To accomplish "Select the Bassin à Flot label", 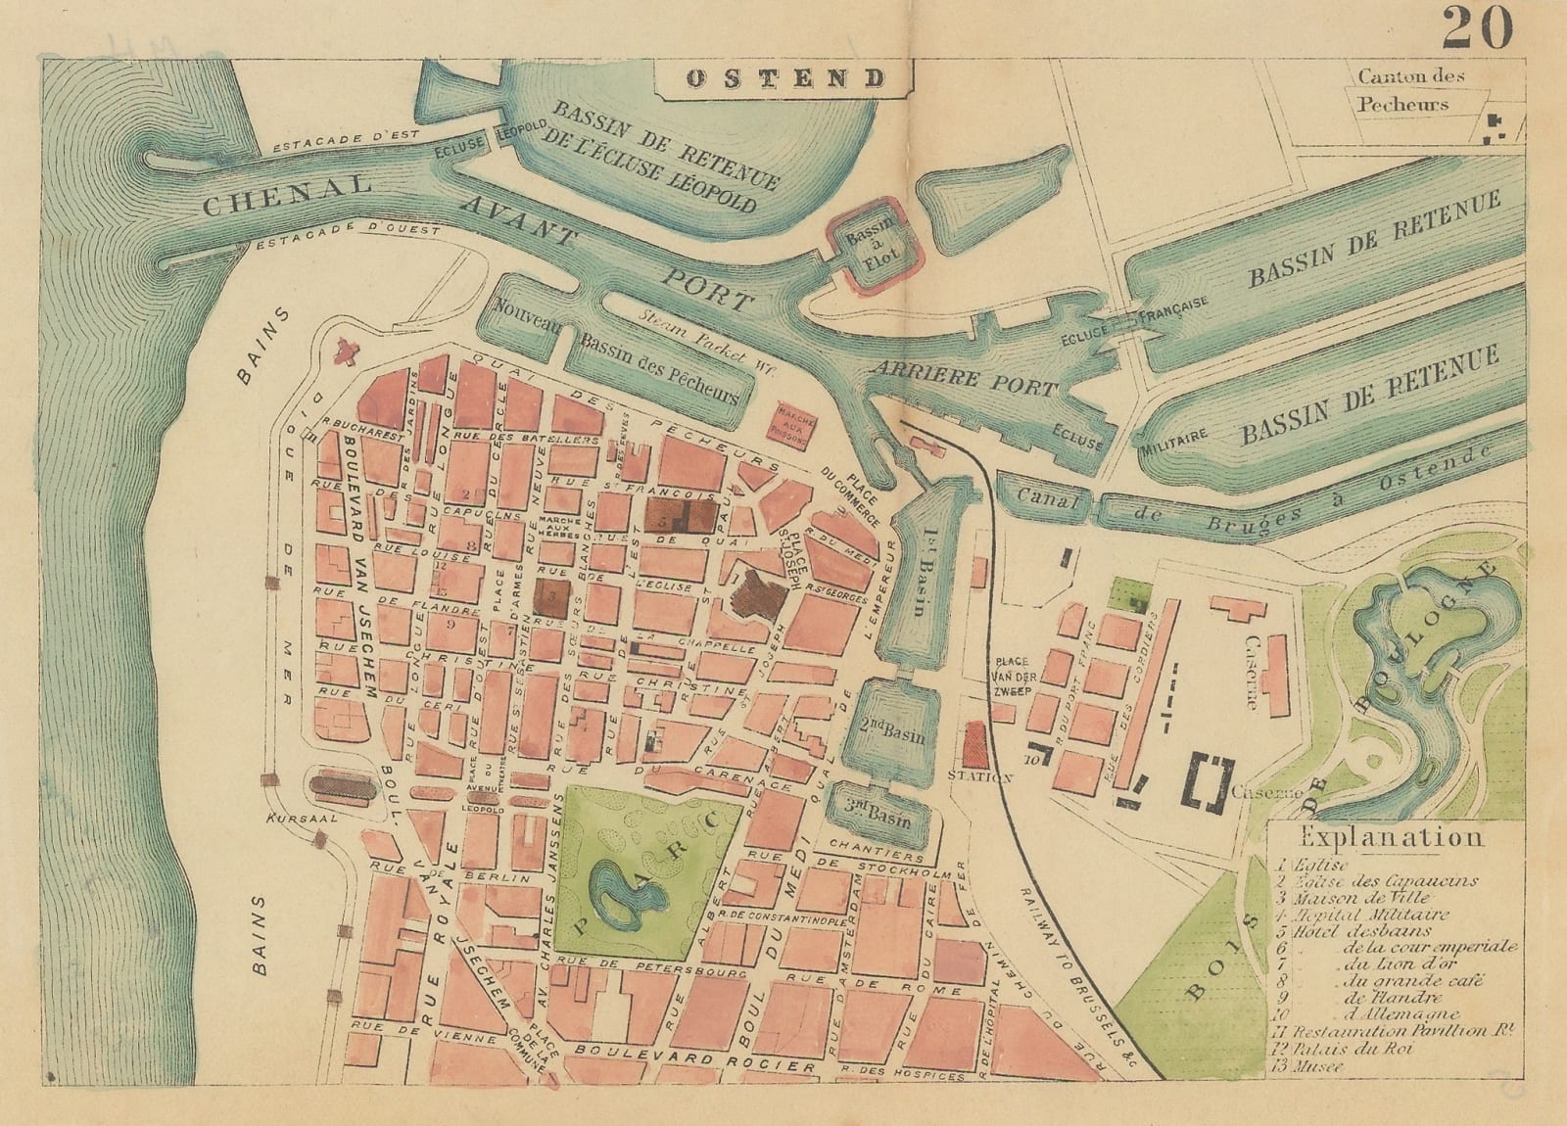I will (x=872, y=250).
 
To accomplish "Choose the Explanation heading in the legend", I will (x=1391, y=838).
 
